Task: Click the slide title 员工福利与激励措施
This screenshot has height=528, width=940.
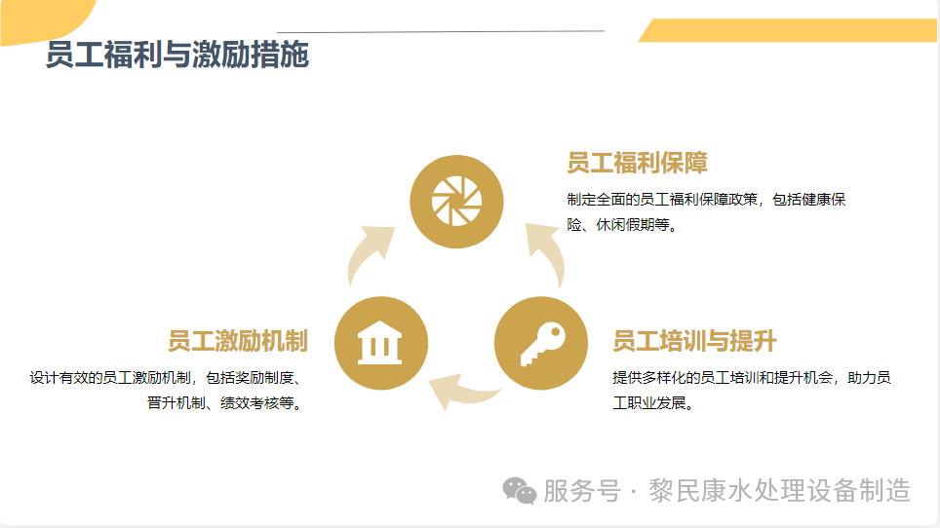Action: (x=176, y=56)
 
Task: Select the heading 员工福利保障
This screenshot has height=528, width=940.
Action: (x=637, y=162)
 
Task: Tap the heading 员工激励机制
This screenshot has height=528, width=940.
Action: (x=237, y=341)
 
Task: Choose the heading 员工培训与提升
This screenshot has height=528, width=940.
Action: (x=694, y=341)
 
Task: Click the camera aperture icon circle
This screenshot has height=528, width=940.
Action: (x=456, y=202)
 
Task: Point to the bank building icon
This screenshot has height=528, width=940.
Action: (x=380, y=344)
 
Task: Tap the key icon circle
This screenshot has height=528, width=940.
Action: (x=541, y=344)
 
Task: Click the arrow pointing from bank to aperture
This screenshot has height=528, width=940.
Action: (x=370, y=252)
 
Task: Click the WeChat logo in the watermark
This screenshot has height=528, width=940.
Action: (x=519, y=491)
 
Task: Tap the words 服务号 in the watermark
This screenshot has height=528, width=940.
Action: (x=581, y=491)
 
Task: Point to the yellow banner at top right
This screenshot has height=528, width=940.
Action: (x=790, y=30)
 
